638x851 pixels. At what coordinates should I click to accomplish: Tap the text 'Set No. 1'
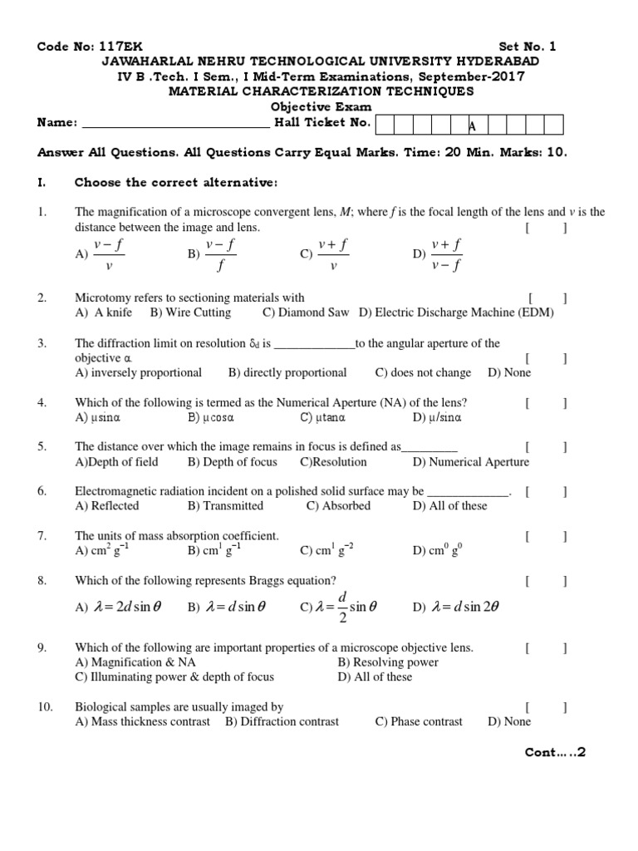tap(528, 47)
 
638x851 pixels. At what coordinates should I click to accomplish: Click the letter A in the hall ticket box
tap(473, 125)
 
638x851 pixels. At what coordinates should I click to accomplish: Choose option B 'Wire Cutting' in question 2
tap(190, 312)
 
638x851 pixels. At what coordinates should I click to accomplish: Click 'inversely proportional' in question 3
tap(139, 372)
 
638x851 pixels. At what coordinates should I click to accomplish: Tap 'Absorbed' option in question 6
tap(338, 506)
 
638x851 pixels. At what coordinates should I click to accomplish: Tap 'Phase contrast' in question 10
tap(419, 721)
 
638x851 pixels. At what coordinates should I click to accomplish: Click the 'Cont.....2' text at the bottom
tap(555, 752)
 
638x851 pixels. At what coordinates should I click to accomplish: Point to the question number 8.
tap(42, 580)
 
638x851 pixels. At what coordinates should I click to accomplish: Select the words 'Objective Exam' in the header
tap(320, 107)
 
